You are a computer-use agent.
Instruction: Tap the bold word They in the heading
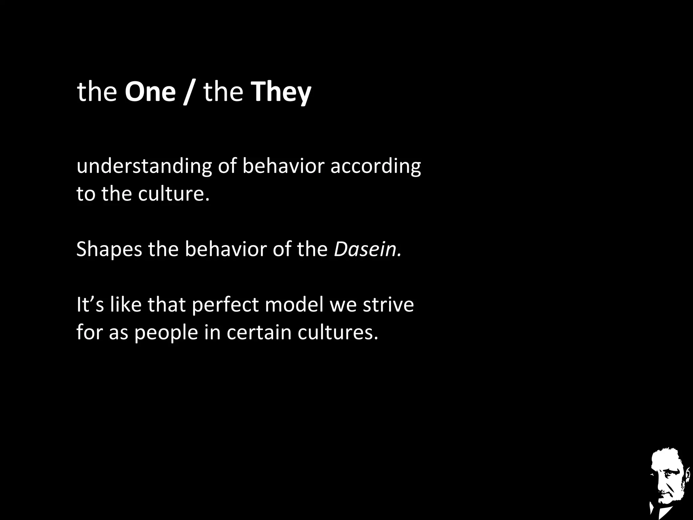(x=281, y=92)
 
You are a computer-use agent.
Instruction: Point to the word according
(x=376, y=167)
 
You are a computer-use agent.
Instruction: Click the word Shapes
(x=109, y=250)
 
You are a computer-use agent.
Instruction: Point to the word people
(x=166, y=333)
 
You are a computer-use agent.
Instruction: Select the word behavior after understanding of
(x=283, y=166)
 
